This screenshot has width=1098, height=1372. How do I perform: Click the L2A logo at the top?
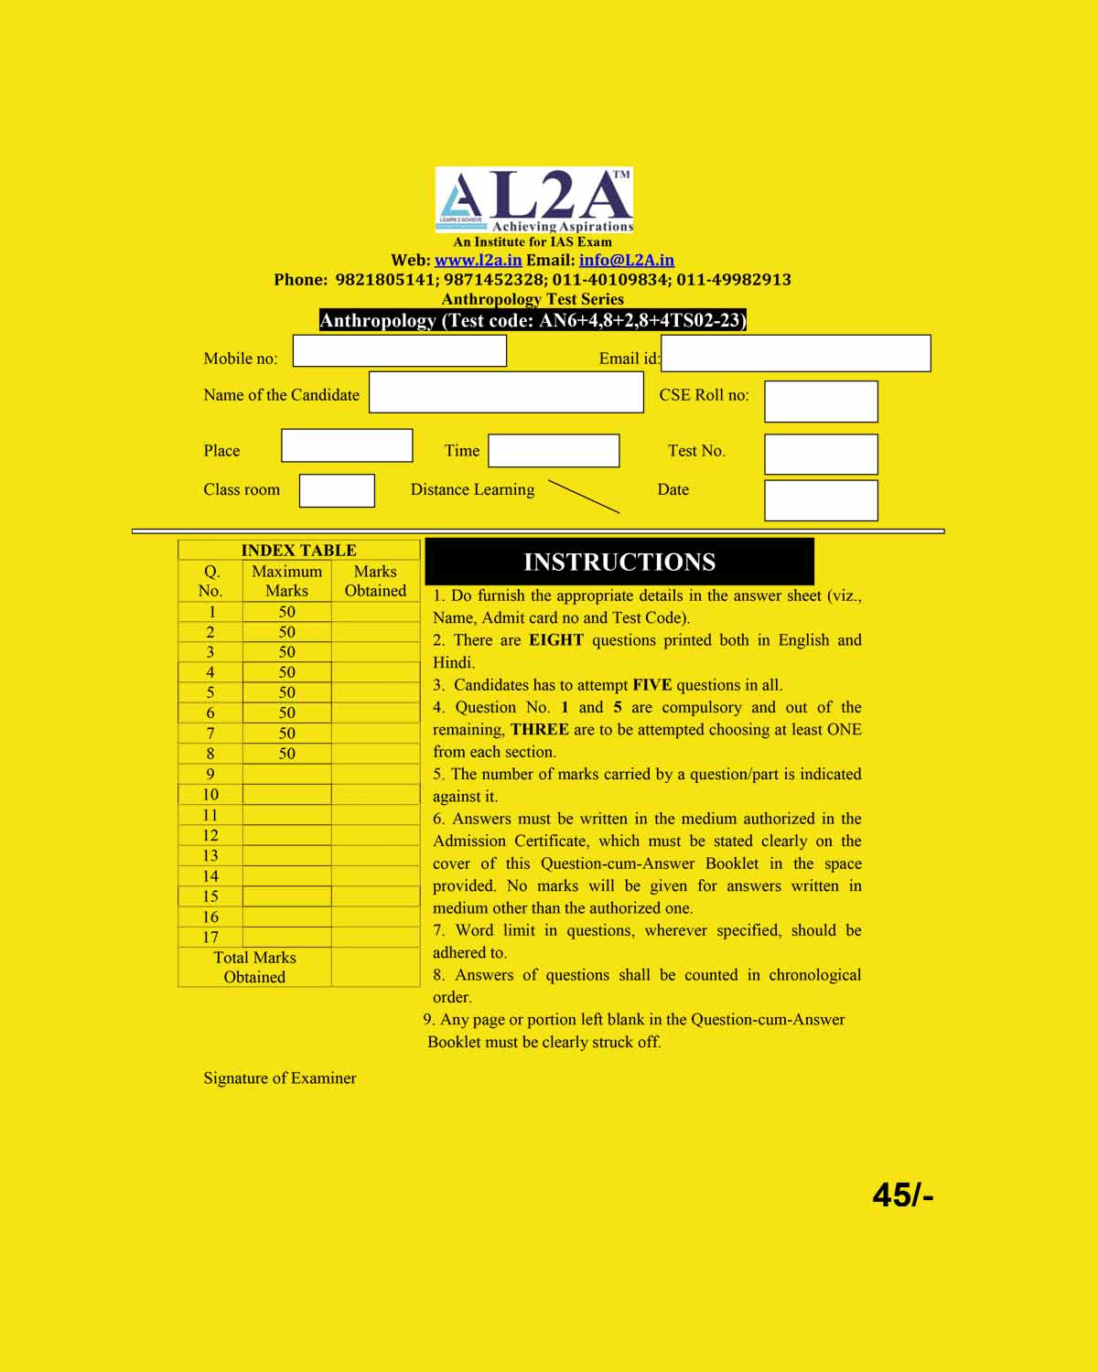[x=534, y=199]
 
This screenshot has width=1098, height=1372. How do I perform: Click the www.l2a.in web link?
[x=478, y=261]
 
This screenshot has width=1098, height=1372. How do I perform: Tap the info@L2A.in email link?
[x=627, y=261]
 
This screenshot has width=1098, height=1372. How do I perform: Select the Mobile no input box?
[x=399, y=351]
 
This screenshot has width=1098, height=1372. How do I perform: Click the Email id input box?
[x=795, y=353]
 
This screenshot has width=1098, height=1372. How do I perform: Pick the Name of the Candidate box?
[x=506, y=392]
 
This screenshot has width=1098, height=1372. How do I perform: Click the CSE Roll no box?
[x=821, y=402]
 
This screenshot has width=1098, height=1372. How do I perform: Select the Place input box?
[x=347, y=445]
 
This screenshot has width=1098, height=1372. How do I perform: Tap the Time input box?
[x=554, y=451]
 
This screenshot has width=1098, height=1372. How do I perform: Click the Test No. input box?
[x=821, y=454]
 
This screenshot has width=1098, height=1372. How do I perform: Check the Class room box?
[x=337, y=490]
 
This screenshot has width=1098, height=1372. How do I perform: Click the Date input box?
[x=821, y=500]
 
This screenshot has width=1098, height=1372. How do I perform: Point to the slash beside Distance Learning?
[x=584, y=496]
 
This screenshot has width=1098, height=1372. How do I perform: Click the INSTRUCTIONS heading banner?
[x=619, y=562]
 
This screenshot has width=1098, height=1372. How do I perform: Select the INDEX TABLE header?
[x=298, y=550]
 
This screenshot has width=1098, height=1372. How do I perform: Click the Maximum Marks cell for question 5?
[x=286, y=692]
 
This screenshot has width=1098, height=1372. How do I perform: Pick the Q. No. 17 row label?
[x=210, y=937]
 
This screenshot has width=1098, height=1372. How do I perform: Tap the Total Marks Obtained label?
[x=254, y=967]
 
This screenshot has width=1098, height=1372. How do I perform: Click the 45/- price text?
[x=902, y=1195]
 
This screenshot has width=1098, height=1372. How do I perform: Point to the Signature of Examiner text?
[x=280, y=1078]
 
